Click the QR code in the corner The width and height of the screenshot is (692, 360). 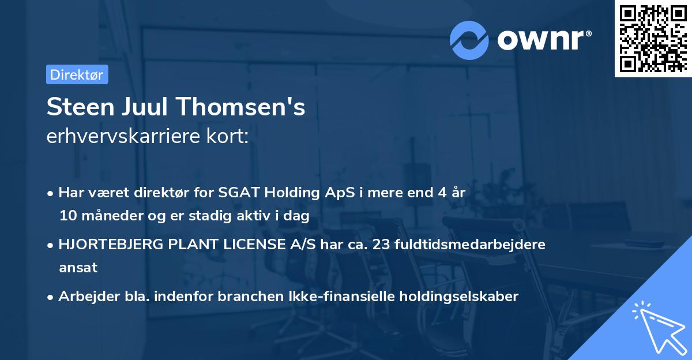click(x=653, y=39)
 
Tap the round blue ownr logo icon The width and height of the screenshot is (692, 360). click(x=469, y=40)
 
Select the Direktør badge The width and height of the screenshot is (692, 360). click(x=77, y=74)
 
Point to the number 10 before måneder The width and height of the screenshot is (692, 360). click(x=67, y=216)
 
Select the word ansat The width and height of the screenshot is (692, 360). click(x=78, y=268)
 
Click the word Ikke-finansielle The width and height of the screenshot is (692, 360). click(x=329, y=297)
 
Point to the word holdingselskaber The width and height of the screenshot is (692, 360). click(x=453, y=297)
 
